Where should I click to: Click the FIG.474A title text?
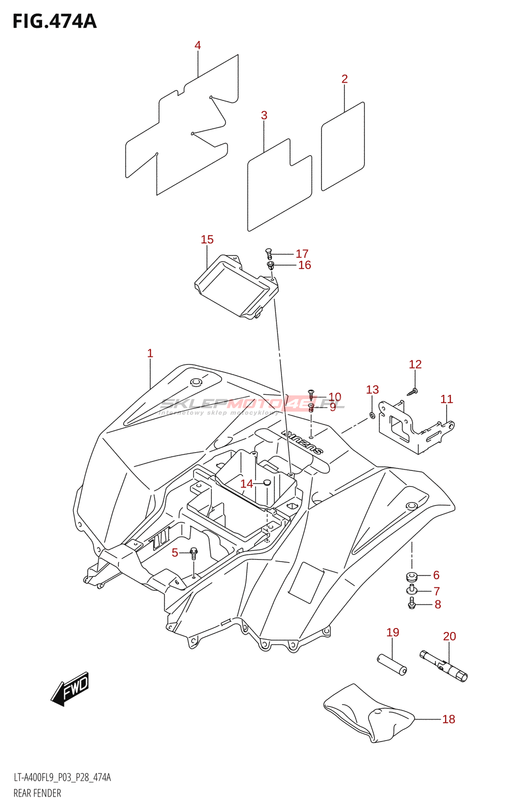[54, 21]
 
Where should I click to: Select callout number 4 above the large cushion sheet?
[198, 46]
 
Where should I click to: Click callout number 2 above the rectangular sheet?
[345, 79]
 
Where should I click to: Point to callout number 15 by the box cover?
[207, 240]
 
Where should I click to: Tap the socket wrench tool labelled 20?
[444, 665]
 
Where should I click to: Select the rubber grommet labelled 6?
[411, 576]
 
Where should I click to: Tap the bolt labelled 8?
[412, 604]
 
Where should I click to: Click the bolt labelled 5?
[193, 552]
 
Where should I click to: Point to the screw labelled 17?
[269, 253]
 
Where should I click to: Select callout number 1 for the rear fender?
[150, 353]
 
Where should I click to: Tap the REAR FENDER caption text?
[37, 793]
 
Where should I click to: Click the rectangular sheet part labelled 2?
[343, 147]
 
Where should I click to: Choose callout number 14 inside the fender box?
[246, 484]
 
